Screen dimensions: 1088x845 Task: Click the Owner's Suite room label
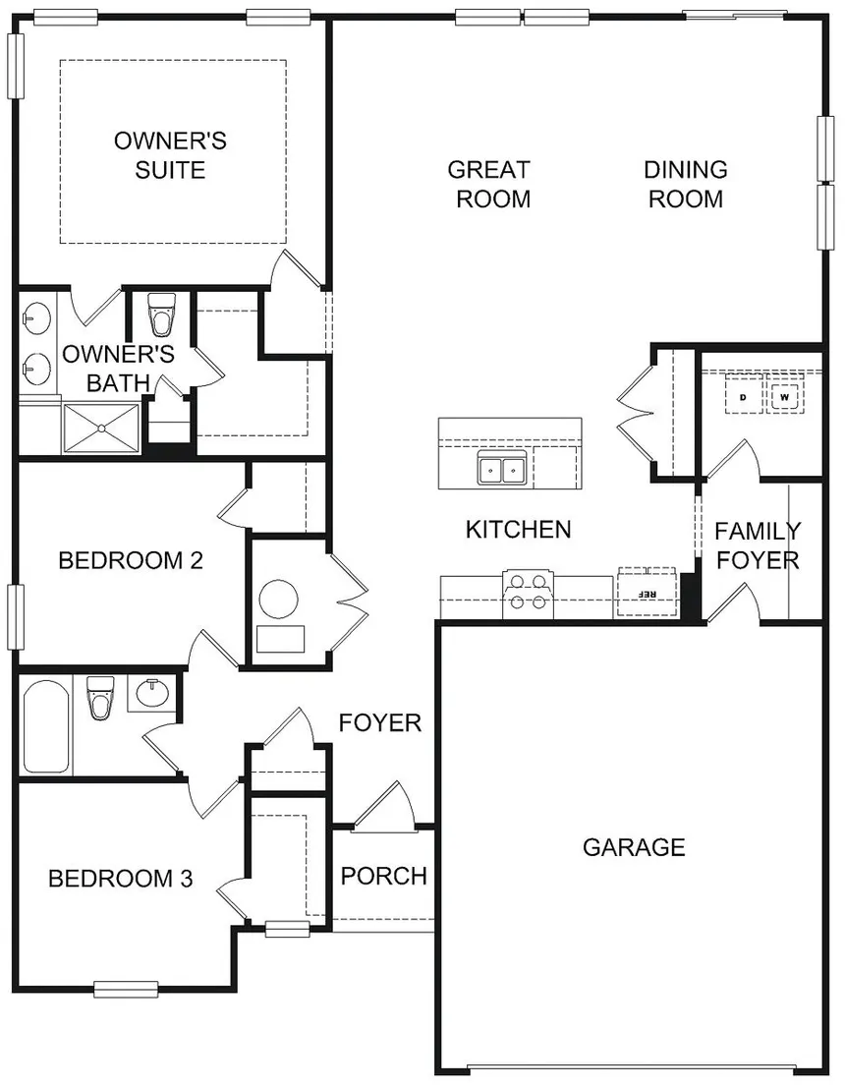click(x=170, y=155)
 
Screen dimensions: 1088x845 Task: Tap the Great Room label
click(x=488, y=184)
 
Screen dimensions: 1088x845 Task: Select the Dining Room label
click(x=685, y=184)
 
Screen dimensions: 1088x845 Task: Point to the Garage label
click(x=634, y=846)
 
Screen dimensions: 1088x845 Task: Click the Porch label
click(x=383, y=875)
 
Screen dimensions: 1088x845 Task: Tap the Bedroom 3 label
click(x=120, y=878)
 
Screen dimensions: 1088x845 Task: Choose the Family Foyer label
click(x=757, y=545)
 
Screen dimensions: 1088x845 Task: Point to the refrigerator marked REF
click(x=647, y=594)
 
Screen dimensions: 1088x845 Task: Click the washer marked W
click(x=784, y=398)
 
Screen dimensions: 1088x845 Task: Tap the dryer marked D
click(x=743, y=398)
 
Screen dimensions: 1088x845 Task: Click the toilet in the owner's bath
click(x=159, y=316)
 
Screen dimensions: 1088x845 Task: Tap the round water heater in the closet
click(x=277, y=600)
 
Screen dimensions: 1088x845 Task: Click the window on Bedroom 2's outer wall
click(x=15, y=616)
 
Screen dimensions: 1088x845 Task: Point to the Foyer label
click(x=380, y=723)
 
